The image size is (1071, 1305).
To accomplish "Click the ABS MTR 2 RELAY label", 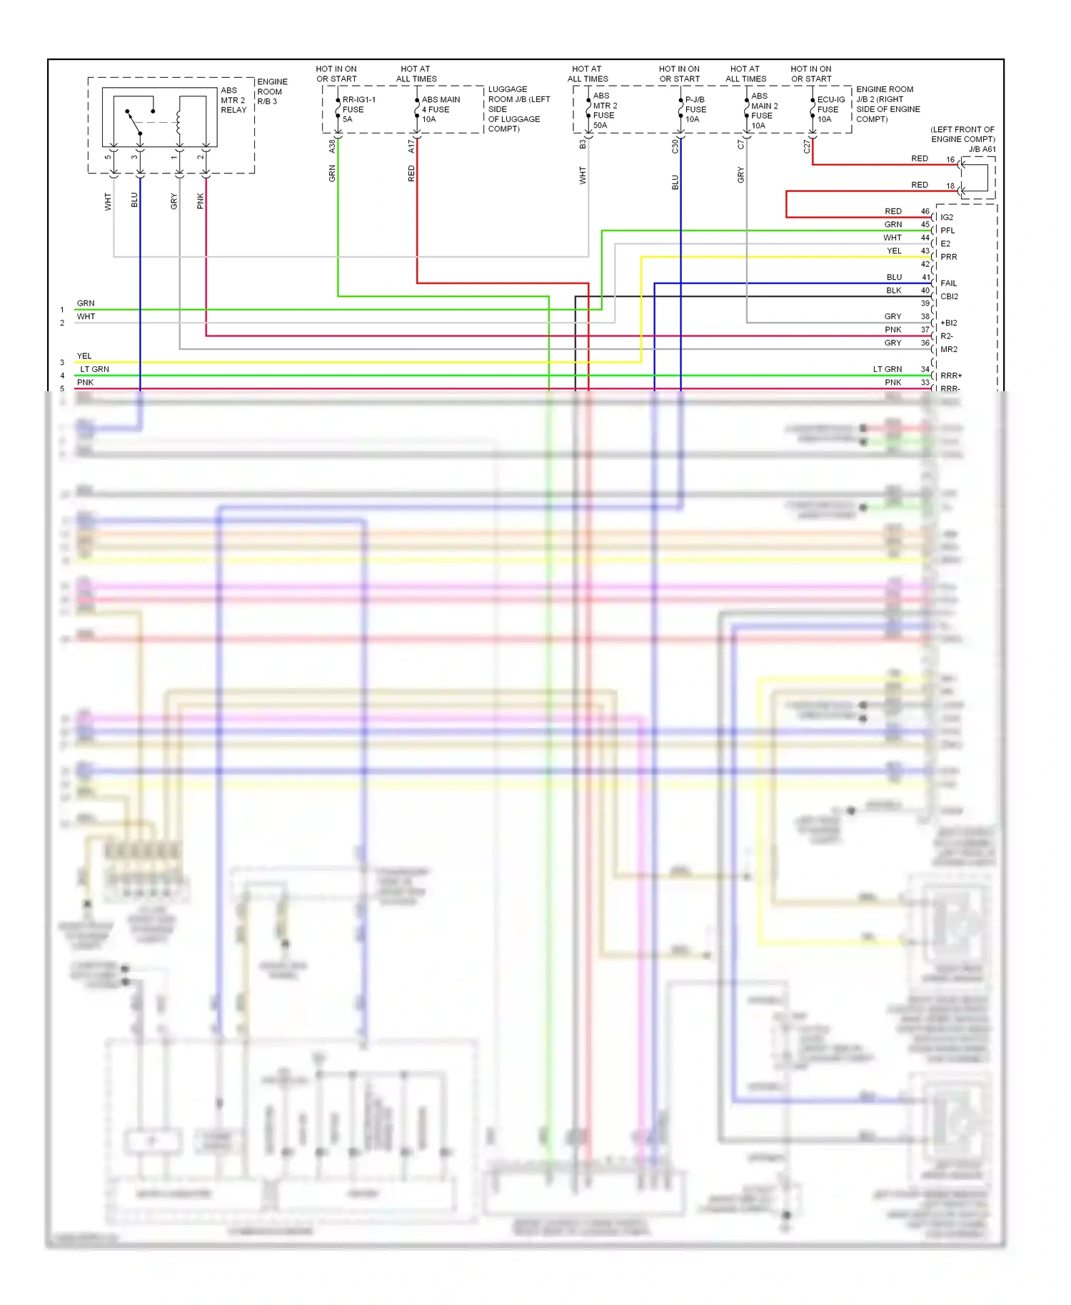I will [233, 100].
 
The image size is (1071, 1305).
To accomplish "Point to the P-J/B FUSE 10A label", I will [695, 109].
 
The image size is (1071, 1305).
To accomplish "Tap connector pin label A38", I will [332, 146].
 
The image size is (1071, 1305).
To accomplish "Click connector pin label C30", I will [675, 146].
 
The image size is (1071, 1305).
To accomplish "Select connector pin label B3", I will [583, 144].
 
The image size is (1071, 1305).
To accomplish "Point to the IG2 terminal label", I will [947, 217].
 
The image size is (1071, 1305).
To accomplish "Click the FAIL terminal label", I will [948, 283].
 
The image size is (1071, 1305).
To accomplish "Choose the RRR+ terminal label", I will [951, 376].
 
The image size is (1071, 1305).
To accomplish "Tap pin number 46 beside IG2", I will [925, 211].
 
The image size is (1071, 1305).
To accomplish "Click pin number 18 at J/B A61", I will [950, 186].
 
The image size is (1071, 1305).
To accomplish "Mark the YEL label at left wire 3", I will [84, 356].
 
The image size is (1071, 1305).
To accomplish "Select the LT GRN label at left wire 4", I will [94, 369].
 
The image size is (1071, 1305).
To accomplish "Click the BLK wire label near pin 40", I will [894, 291].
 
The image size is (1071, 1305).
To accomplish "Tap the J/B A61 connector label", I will [982, 149].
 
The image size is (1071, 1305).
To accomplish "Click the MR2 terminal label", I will [949, 349].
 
